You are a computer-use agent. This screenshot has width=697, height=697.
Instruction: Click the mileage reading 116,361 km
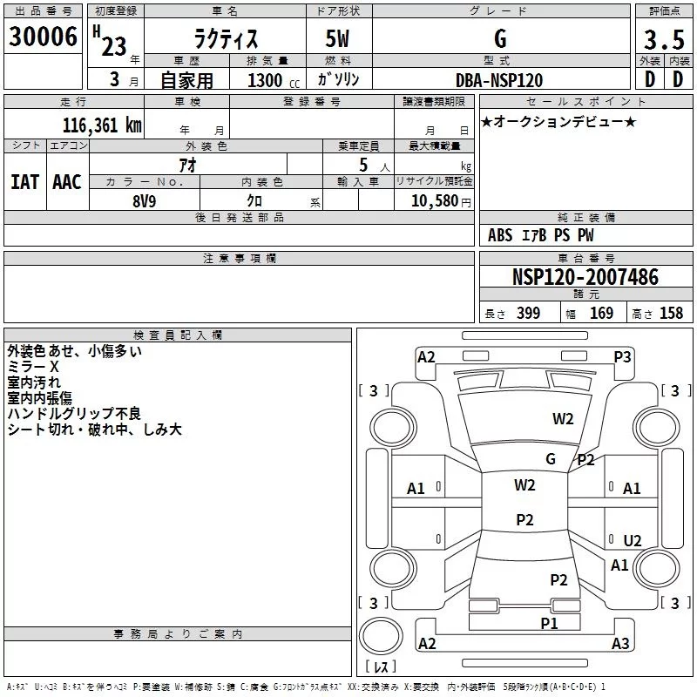[102, 125]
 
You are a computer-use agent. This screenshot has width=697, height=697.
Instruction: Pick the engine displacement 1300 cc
[270, 80]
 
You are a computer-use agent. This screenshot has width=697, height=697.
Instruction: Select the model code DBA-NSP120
[499, 80]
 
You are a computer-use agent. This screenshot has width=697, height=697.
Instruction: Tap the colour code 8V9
[145, 200]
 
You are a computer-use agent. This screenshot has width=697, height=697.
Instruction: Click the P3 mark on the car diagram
[622, 356]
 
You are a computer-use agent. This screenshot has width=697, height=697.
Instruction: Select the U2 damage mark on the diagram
[633, 540]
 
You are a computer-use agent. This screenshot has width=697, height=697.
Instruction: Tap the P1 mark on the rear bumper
[549, 623]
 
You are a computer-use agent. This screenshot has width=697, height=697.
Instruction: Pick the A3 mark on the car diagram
[620, 644]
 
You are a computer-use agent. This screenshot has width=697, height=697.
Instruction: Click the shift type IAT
[24, 182]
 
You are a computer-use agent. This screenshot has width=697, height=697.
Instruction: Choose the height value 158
[671, 313]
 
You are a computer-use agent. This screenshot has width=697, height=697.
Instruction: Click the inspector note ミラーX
[33, 368]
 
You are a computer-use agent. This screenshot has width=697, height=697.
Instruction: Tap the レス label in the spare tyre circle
[381, 667]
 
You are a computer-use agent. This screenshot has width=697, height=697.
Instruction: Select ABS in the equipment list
[500, 235]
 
